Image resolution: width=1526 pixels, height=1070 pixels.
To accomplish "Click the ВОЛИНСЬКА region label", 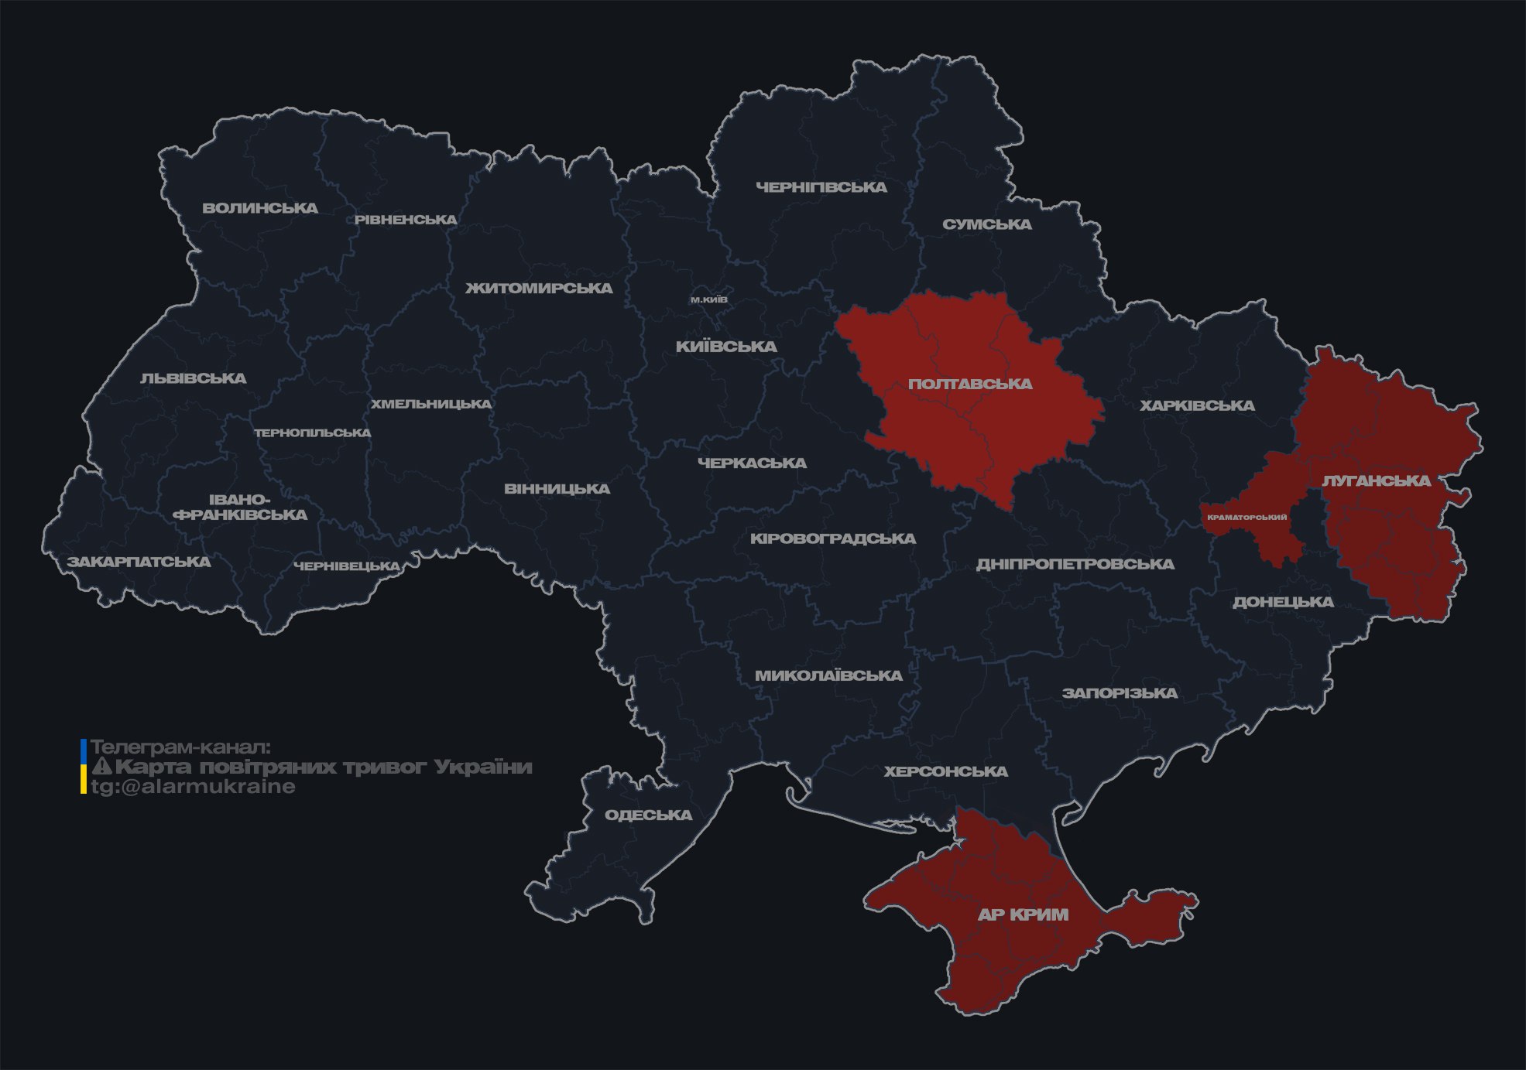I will (260, 208).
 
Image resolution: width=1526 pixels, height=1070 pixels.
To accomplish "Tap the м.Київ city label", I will (708, 299).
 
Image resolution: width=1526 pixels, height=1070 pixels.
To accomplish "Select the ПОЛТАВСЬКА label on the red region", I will (970, 385).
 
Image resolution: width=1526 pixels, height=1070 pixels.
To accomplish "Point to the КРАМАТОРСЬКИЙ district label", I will (1247, 517).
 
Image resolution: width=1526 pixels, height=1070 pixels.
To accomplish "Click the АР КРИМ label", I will (1023, 914).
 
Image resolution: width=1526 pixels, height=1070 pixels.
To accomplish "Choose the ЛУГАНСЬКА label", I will (1376, 481).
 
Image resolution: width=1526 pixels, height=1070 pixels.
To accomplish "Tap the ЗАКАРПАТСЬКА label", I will (139, 562).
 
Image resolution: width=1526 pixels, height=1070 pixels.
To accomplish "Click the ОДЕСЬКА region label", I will (648, 815).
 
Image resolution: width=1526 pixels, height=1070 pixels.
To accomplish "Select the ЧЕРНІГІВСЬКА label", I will (821, 187).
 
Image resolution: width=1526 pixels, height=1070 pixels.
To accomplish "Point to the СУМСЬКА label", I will (986, 224).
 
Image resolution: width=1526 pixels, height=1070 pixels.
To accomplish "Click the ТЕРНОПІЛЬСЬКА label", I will (313, 433).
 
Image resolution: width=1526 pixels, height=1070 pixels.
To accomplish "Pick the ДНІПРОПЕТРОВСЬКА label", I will (1075, 564).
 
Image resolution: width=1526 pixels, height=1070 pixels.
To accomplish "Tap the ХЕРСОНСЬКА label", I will (945, 771).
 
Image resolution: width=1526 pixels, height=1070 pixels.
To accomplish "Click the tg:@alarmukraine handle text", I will (193, 787).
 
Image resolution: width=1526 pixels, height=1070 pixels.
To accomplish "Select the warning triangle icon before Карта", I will (102, 767).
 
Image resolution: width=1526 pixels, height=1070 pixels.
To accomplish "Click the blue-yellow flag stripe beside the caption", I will (84, 767).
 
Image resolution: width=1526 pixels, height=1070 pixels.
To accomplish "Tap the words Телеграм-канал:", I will (180, 747).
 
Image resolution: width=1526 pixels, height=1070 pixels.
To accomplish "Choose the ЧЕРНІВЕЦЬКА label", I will (347, 566).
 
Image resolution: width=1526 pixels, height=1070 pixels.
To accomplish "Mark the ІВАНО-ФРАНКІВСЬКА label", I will (240, 508).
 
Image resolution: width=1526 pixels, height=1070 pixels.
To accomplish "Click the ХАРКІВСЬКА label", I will (1196, 405).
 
